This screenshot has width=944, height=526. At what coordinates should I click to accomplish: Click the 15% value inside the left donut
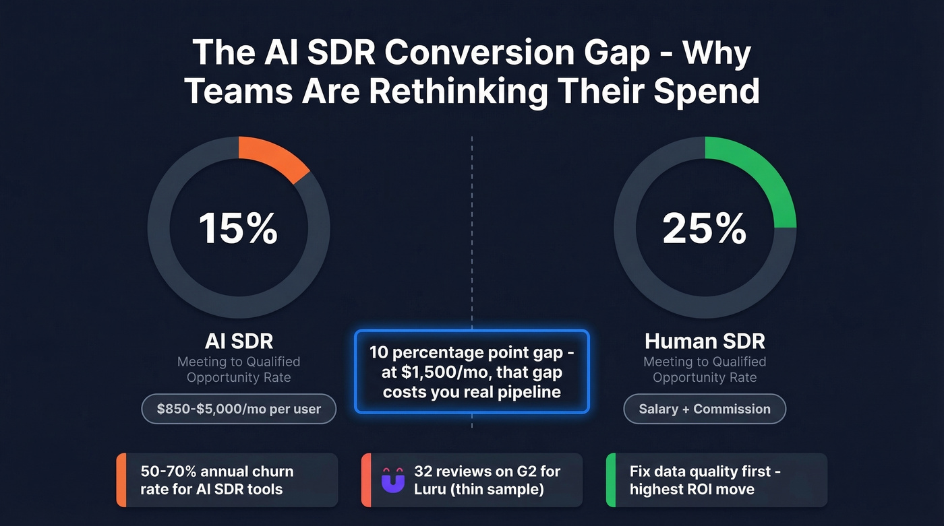coord(238,228)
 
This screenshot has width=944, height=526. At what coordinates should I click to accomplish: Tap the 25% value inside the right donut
coord(705,228)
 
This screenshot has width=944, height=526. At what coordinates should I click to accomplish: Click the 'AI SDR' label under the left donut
coord(238,341)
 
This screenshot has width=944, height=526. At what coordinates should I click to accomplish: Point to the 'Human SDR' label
coord(705,341)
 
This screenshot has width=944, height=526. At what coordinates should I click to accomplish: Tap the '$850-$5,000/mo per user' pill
coord(239,409)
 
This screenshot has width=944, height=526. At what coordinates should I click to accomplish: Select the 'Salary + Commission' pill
coord(705,409)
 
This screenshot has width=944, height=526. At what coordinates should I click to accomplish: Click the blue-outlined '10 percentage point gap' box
coord(472,371)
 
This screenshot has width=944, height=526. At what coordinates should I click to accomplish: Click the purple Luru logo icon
coord(392,480)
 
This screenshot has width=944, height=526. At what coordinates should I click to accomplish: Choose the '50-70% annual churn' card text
coord(217,480)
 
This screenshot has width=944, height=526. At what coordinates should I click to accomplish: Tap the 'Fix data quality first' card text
coord(705,480)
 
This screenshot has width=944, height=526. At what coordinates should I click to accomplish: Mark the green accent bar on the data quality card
coord(611,480)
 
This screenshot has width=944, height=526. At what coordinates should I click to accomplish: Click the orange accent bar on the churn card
coord(121,480)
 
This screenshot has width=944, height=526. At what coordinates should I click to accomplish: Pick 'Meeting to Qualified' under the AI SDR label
coord(238,362)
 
